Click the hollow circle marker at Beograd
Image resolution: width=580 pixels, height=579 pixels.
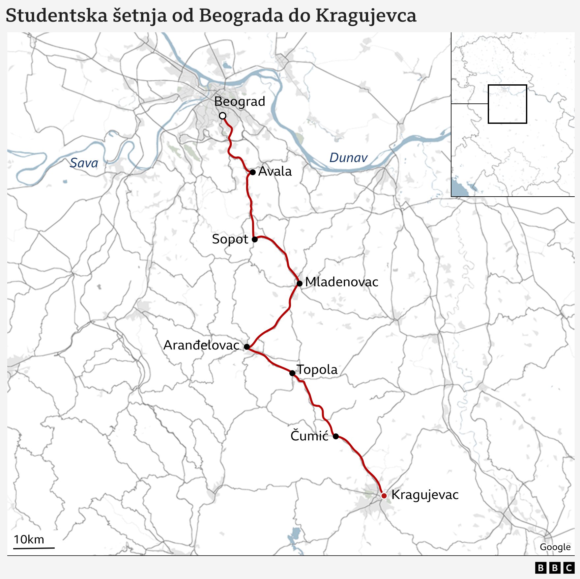(223, 116)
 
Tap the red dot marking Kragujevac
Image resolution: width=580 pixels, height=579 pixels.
(384, 496)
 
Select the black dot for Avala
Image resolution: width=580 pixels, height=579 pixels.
(253, 172)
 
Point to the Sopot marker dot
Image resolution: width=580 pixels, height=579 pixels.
(255, 239)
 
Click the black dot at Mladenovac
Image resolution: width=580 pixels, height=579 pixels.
(300, 283)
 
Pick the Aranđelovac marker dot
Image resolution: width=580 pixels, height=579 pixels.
(247, 346)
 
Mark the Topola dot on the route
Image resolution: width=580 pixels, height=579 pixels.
(292, 373)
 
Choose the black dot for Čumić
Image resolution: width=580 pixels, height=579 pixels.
(336, 436)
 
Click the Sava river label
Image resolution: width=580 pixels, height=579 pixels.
(84, 163)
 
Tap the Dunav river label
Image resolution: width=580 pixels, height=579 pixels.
(348, 158)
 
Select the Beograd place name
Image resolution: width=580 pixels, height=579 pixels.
(240, 101)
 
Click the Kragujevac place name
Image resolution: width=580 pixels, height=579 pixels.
(425, 495)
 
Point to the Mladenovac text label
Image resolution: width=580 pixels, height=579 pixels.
(341, 282)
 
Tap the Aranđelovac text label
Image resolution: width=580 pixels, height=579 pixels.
(201, 345)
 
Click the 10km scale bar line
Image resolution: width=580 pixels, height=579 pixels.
(34, 548)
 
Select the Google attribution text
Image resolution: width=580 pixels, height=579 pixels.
(555, 547)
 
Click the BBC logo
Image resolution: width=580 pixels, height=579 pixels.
(555, 568)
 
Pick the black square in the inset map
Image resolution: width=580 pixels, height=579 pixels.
(507, 104)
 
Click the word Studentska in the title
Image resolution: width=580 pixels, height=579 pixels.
(57, 15)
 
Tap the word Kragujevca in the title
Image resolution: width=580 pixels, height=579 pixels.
(366, 15)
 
